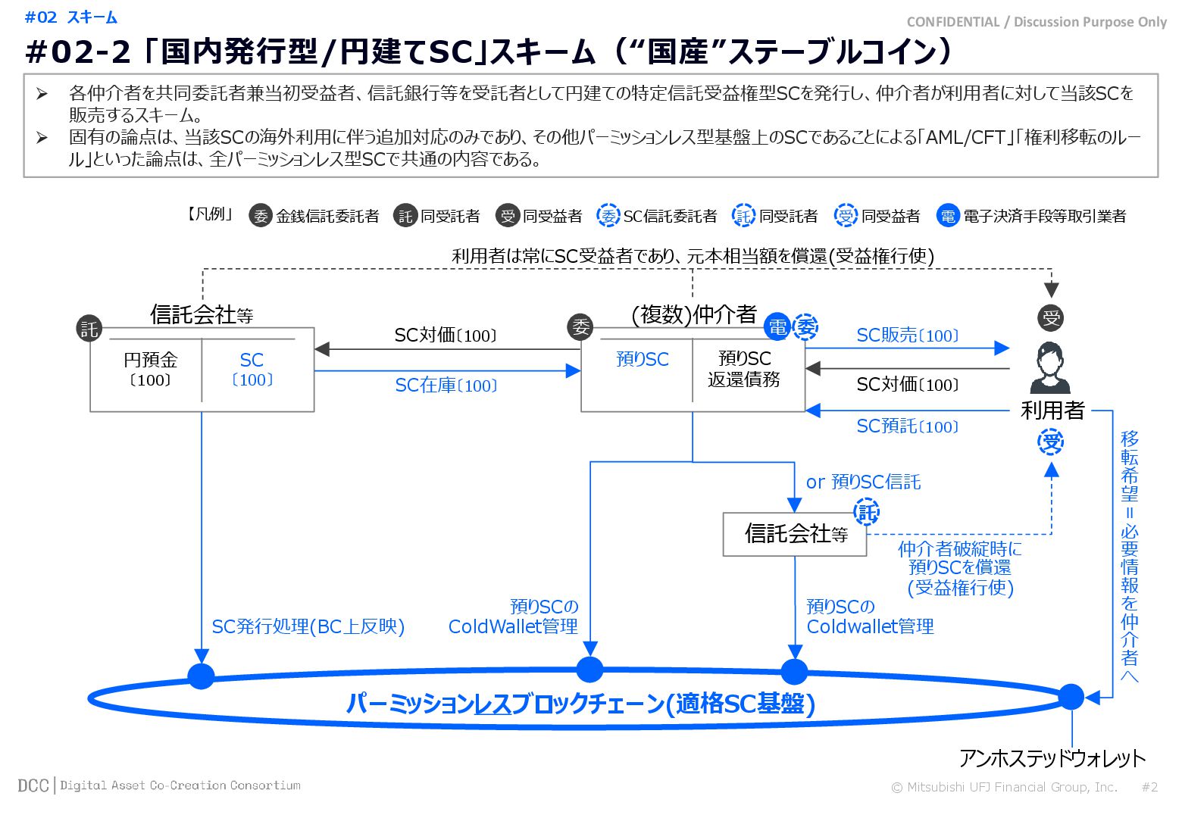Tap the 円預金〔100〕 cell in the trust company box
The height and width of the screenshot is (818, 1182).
[149, 370]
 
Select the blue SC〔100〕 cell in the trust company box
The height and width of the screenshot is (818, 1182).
[252, 370]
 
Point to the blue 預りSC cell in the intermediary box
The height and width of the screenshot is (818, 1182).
[643, 360]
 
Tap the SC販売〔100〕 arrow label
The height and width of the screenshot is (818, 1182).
[907, 336]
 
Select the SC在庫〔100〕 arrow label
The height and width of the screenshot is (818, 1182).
[446, 386]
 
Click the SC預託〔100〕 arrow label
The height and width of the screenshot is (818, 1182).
[907, 426]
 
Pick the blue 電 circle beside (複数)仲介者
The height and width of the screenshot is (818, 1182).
[777, 326]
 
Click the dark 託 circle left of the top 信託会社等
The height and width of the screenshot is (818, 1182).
[89, 328]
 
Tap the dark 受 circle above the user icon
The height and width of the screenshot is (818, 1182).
[1051, 318]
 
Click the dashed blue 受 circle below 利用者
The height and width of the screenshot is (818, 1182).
[1051, 442]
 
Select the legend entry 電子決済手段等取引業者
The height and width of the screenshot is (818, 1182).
[1043, 217]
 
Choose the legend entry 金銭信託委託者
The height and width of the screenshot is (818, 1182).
[327, 217]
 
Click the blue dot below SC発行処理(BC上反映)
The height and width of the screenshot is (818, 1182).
[201, 676]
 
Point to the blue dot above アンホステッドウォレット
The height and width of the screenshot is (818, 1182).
[1071, 696]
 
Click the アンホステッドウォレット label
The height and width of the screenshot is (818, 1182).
[1052, 758]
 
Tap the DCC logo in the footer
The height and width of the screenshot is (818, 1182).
[33, 785]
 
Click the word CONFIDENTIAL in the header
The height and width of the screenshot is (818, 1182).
[952, 22]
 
